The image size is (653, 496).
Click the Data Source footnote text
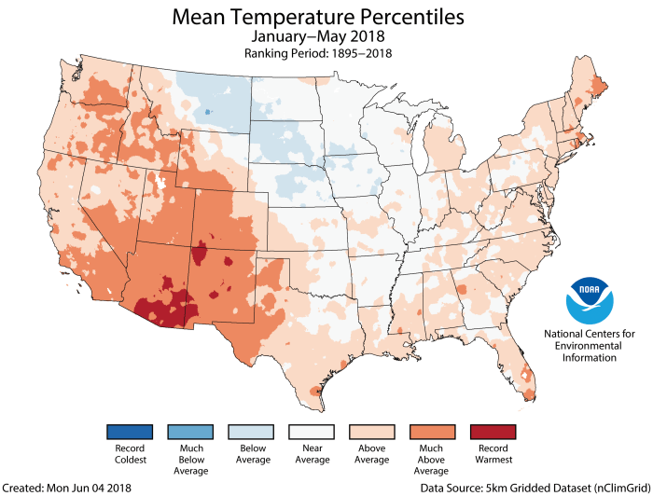click(x=563, y=488)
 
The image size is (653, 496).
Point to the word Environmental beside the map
click(x=590, y=345)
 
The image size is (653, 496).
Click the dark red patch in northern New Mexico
click(x=199, y=252)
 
